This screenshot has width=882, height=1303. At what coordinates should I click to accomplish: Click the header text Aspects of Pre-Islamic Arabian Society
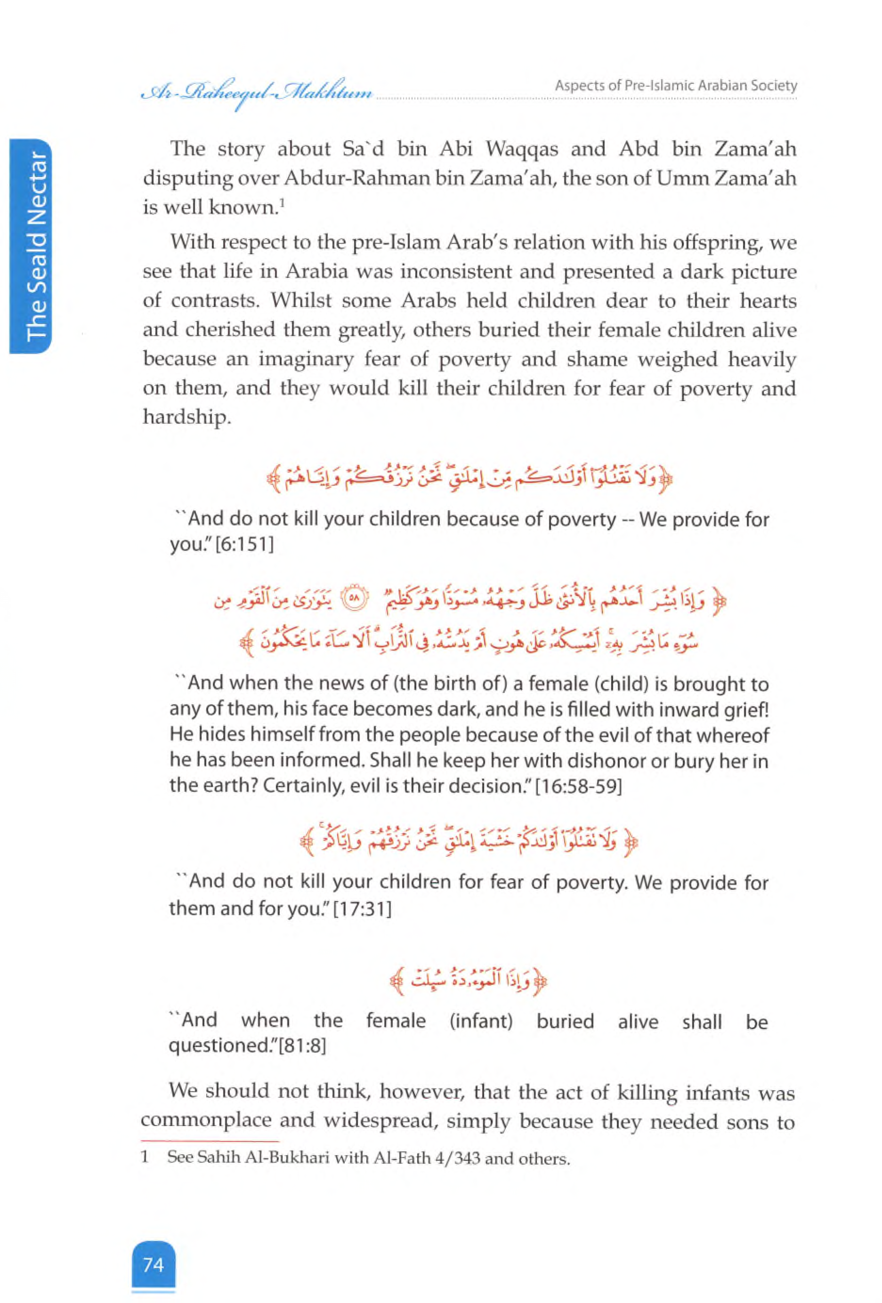[676, 86]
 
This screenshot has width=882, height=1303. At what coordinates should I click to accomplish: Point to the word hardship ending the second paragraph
[187, 417]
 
